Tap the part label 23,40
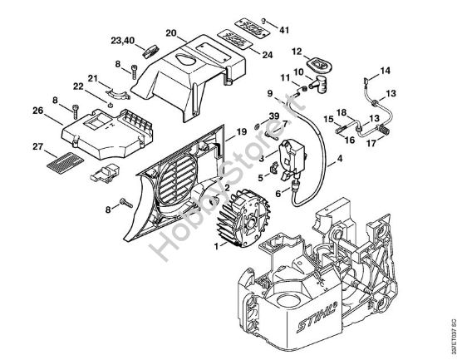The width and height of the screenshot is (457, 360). [x=121, y=40]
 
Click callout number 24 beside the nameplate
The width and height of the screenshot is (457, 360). [x=267, y=56]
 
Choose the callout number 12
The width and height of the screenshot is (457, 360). [x=297, y=51]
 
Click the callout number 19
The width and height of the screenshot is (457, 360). [x=241, y=131]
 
